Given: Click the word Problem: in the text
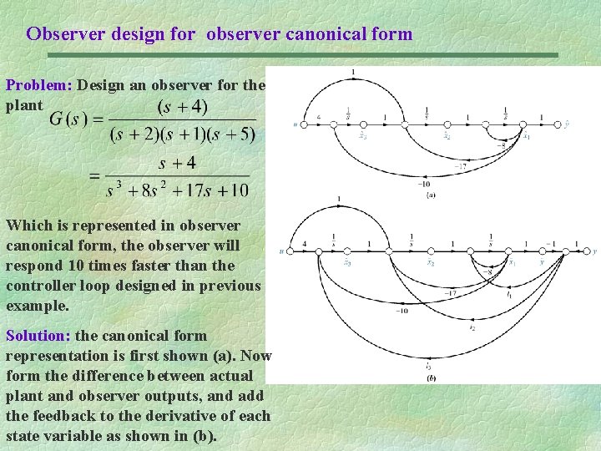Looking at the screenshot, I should click(x=40, y=85).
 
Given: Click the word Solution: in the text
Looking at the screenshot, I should click(x=39, y=336).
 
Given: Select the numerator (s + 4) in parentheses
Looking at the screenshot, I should click(x=184, y=108).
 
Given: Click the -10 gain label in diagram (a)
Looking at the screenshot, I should click(x=425, y=184).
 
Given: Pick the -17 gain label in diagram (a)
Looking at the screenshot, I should click(x=461, y=166).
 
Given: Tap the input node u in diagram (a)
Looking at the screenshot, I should click(x=295, y=125).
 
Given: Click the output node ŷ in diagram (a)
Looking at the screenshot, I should click(x=567, y=124).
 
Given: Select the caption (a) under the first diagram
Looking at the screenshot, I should click(x=430, y=195).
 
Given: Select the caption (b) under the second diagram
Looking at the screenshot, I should click(x=430, y=378).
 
